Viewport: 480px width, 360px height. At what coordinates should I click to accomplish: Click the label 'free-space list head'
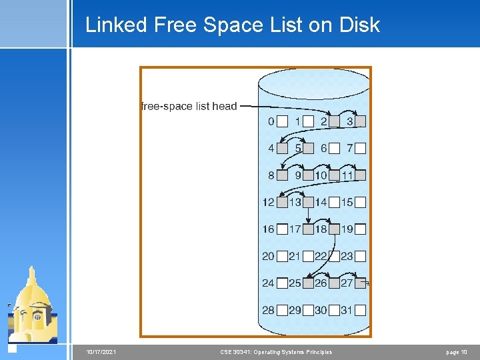(189, 106)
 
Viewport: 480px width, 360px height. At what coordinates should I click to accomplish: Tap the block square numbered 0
(282, 122)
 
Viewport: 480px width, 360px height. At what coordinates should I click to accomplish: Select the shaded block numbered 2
(335, 122)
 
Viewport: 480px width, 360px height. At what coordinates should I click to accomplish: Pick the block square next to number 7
(361, 149)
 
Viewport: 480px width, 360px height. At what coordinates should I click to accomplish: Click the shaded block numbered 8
(282, 175)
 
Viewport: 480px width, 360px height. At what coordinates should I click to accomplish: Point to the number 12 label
(268, 202)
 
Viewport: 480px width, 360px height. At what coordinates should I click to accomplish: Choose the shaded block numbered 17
(309, 229)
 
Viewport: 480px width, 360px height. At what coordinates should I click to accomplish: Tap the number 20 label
(268, 256)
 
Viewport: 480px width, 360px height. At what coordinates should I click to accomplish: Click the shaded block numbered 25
(309, 283)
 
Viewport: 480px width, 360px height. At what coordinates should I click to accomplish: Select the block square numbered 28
(282, 310)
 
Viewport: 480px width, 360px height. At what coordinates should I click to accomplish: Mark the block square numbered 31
(361, 310)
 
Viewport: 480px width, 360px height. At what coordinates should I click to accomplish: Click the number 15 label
(347, 202)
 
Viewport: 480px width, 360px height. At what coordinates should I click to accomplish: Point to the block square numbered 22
(335, 256)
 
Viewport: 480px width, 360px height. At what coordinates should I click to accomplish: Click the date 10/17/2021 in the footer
(101, 352)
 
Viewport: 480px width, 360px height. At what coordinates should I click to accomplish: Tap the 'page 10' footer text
(456, 352)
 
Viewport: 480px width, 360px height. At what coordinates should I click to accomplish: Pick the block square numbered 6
(335, 149)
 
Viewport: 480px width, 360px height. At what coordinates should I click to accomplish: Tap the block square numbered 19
(361, 229)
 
